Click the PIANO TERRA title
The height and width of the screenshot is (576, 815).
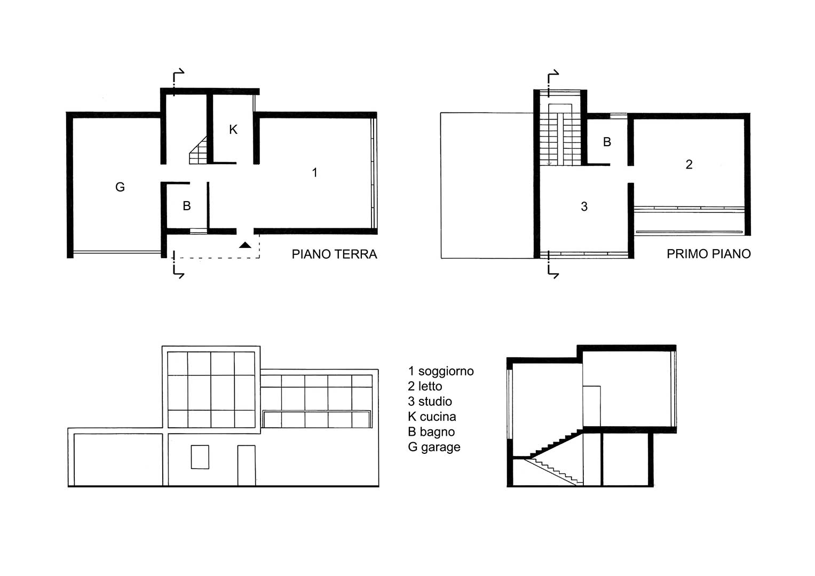(x=334, y=254)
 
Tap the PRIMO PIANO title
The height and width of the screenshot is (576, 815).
(x=708, y=254)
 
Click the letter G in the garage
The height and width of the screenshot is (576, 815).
(x=120, y=187)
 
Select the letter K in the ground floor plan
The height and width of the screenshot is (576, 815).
(x=233, y=130)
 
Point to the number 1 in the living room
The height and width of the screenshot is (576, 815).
(x=315, y=172)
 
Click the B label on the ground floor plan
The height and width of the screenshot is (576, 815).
(x=187, y=206)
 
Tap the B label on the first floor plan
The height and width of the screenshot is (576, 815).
(x=607, y=142)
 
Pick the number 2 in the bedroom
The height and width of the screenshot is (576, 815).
(x=689, y=164)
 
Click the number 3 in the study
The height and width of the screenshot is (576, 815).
(x=584, y=206)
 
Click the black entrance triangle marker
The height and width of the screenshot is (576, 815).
(x=245, y=245)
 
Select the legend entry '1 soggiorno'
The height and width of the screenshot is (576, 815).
(x=441, y=371)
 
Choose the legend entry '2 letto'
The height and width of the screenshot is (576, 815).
(x=425, y=386)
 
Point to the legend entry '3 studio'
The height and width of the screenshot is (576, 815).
(x=430, y=402)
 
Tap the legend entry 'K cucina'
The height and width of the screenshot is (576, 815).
(x=432, y=417)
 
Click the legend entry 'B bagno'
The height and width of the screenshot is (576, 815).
(x=431, y=432)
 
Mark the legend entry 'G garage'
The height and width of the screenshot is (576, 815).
(x=434, y=447)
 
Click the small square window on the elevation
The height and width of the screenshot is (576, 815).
(x=200, y=457)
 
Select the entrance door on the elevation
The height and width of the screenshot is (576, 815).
(x=247, y=466)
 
